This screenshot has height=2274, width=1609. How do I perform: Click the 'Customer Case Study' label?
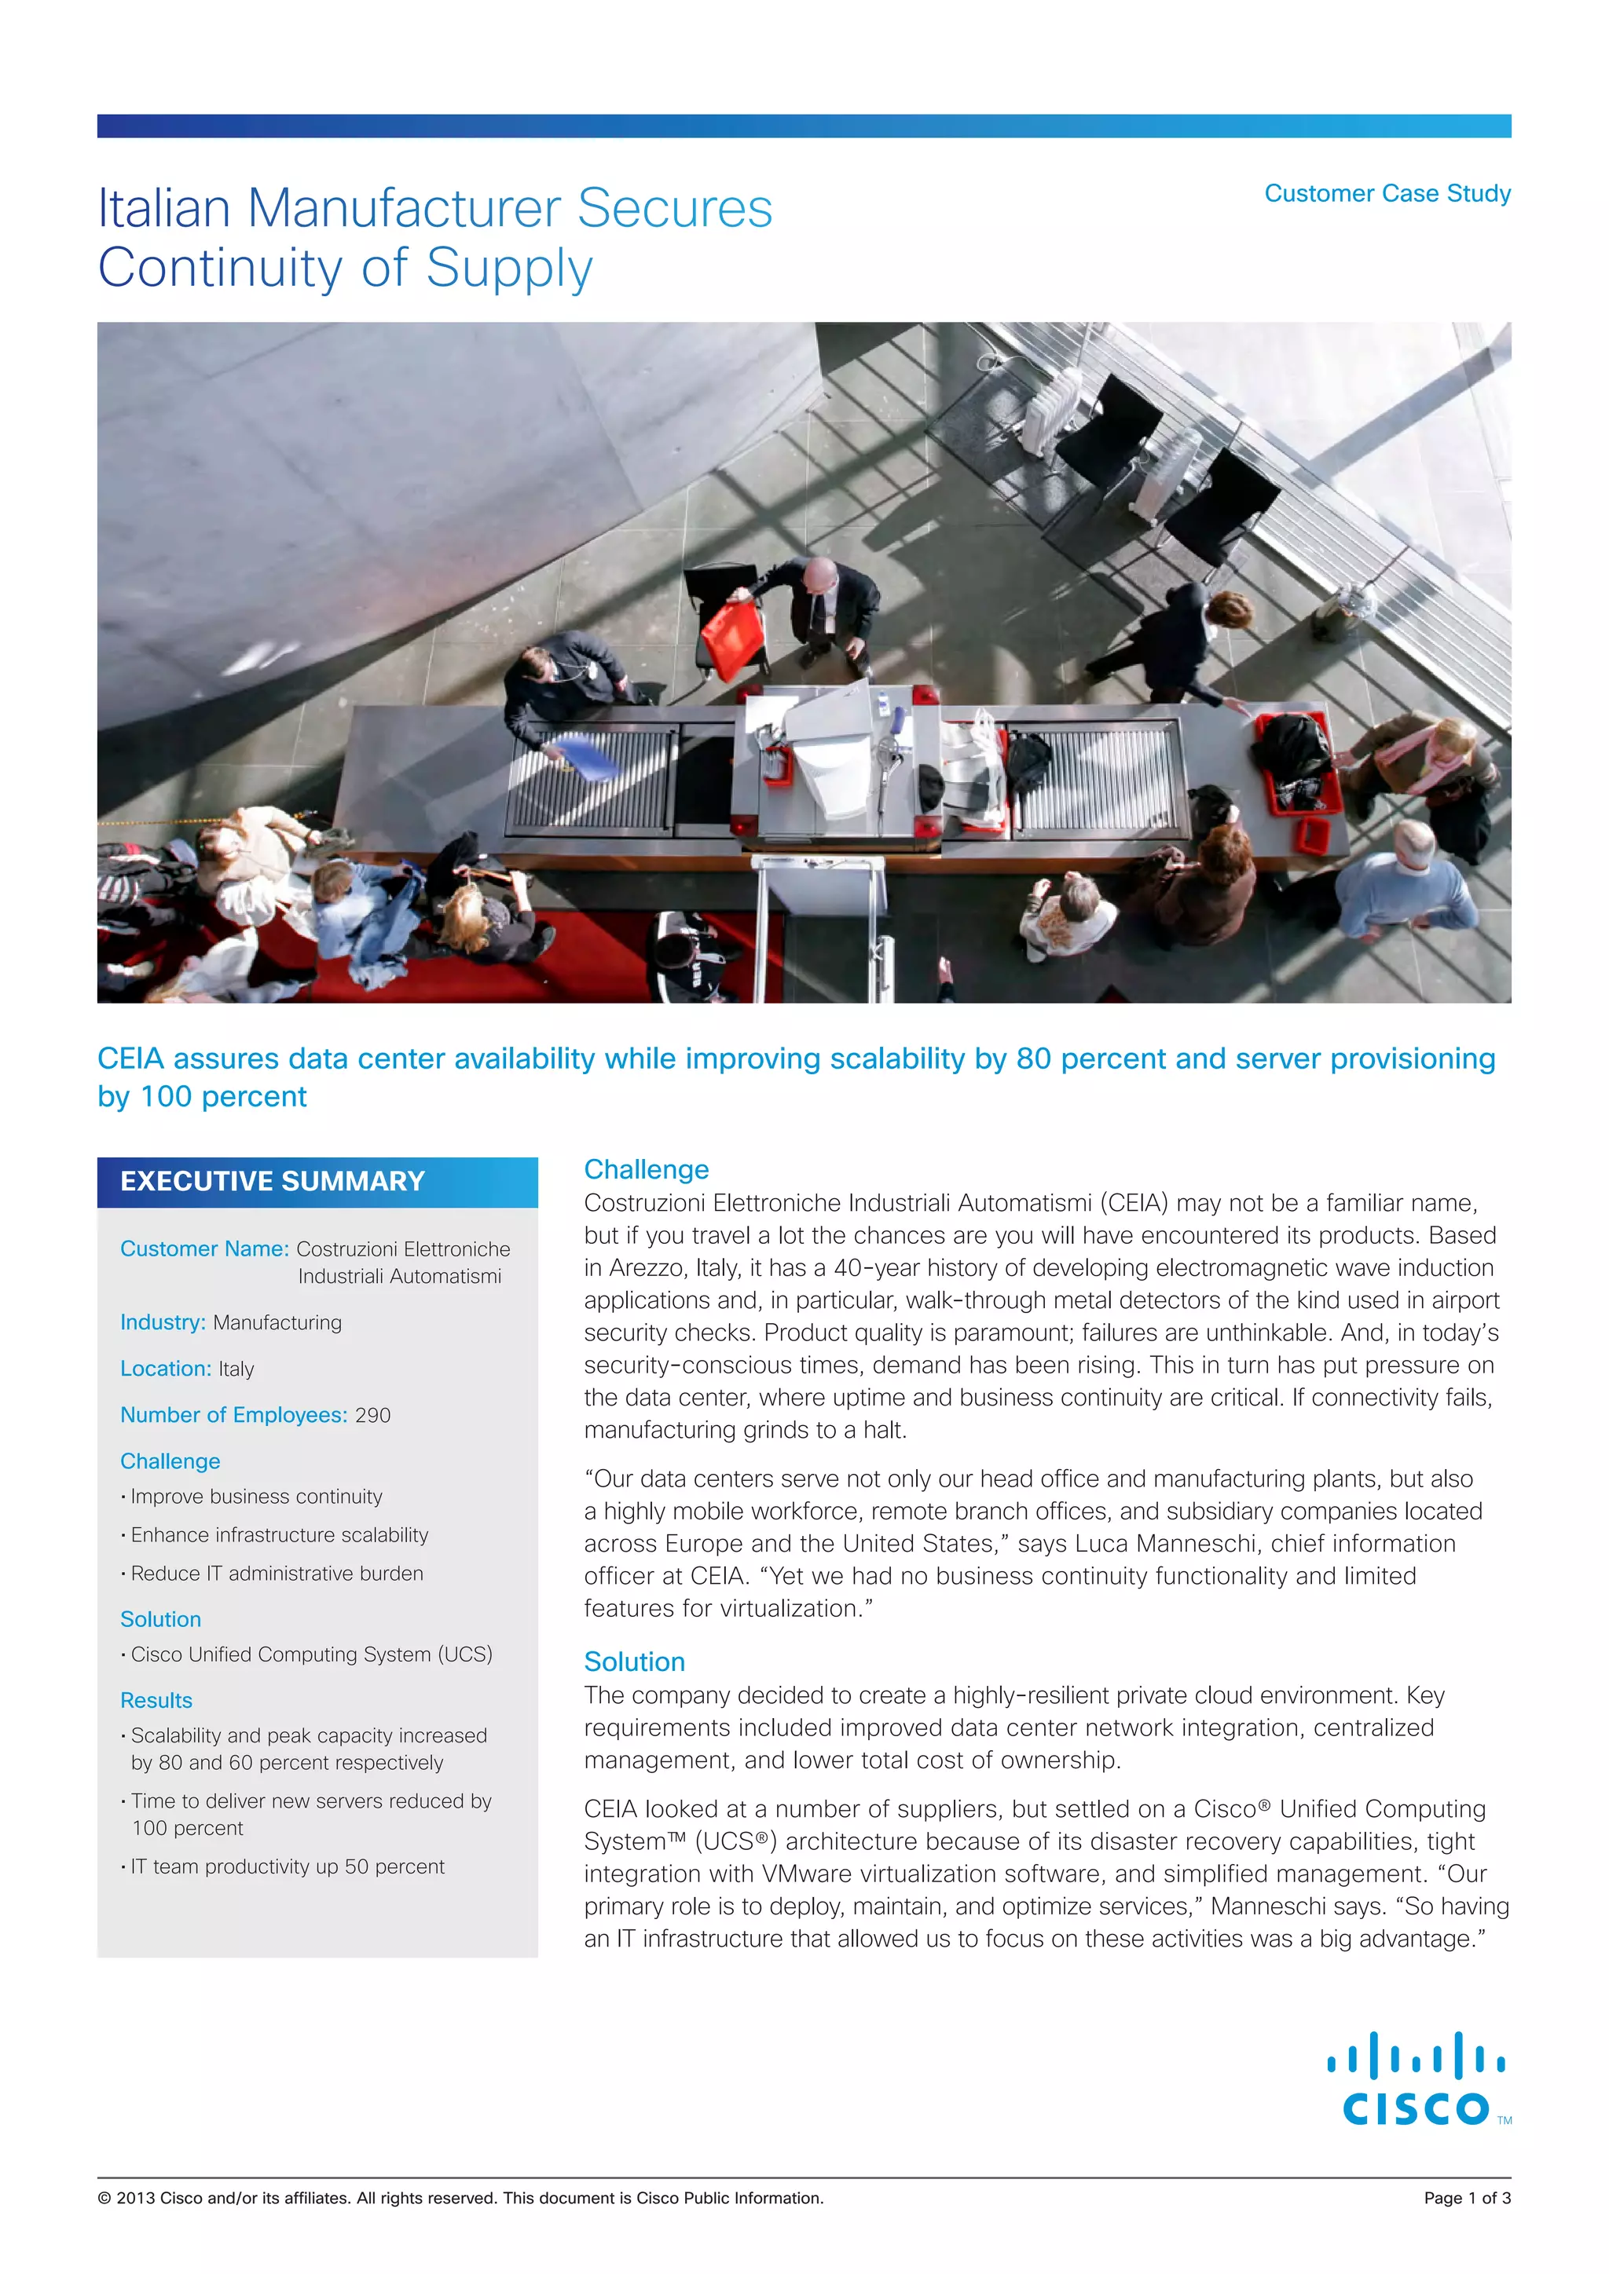point(1387,193)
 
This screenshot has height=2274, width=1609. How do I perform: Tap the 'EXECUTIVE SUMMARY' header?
point(273,1182)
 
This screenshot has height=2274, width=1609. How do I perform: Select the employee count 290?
point(372,1415)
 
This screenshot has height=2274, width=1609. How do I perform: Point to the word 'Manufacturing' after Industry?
point(277,1323)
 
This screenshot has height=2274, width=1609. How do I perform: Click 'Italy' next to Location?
point(236,1369)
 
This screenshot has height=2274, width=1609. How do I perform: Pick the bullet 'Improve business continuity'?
point(255,1497)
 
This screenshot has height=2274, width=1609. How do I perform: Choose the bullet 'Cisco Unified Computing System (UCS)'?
point(311,1655)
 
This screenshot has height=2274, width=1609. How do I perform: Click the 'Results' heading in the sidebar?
point(156,1701)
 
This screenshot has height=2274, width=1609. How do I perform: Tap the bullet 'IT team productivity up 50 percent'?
point(288,1867)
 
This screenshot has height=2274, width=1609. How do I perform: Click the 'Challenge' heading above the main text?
point(646,1170)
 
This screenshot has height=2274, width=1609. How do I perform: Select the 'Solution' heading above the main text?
point(634,1662)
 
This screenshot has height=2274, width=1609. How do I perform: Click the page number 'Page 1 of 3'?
point(1466,2199)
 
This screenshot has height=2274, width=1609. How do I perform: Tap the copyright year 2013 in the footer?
point(136,2199)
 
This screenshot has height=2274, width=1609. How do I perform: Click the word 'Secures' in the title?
point(674,209)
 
